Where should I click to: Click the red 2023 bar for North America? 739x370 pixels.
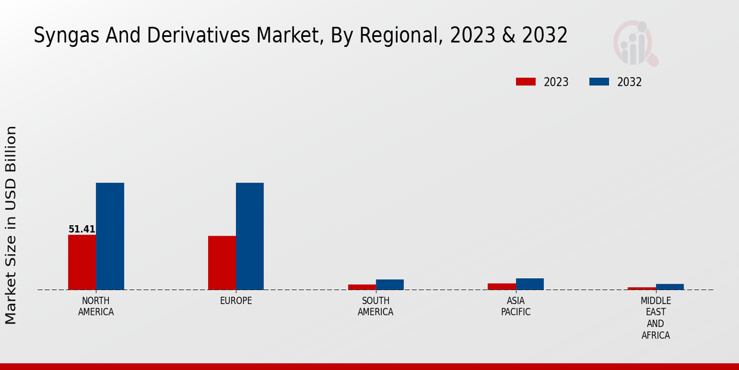click(x=82, y=262)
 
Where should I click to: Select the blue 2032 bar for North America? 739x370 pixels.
click(x=110, y=236)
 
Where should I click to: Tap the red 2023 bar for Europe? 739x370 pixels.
click(x=222, y=263)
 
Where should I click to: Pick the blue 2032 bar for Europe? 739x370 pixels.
click(x=249, y=236)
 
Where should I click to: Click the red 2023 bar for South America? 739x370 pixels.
click(x=361, y=287)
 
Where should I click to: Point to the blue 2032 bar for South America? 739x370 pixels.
click(x=390, y=284)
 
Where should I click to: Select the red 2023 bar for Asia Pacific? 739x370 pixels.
click(x=501, y=286)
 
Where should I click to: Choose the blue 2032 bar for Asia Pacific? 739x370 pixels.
click(x=530, y=284)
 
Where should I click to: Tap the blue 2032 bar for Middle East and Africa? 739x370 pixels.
click(x=669, y=287)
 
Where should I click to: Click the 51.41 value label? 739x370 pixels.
click(x=81, y=229)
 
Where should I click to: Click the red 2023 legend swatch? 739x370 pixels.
click(x=526, y=81)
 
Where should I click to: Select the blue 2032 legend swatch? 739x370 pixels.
click(x=599, y=81)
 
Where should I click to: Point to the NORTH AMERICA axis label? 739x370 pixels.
click(x=96, y=306)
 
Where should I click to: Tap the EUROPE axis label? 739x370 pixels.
click(x=236, y=301)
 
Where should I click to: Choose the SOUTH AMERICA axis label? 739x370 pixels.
click(x=376, y=306)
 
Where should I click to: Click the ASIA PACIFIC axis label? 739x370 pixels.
click(x=515, y=306)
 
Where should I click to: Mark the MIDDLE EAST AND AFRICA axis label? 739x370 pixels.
click(x=655, y=318)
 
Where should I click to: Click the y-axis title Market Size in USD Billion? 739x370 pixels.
click(x=11, y=225)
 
